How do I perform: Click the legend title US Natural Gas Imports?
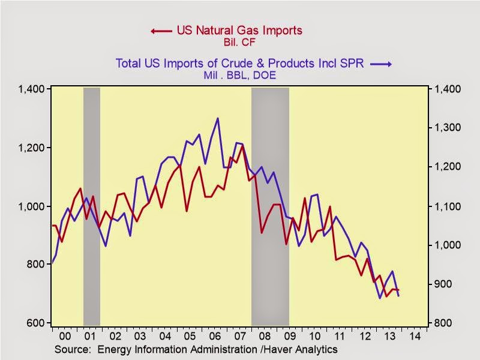tap(239, 30)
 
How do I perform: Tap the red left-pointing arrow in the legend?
tap(161, 31)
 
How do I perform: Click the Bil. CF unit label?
tap(238, 42)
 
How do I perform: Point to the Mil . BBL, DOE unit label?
tap(239, 76)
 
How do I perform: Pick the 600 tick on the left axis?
tap(37, 323)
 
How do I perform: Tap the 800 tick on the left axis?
tap(37, 265)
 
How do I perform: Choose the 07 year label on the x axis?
tap(239, 336)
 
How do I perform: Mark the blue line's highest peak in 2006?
tap(217, 118)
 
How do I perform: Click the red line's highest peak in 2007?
tap(242, 145)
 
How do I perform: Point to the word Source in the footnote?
tap(70, 349)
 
